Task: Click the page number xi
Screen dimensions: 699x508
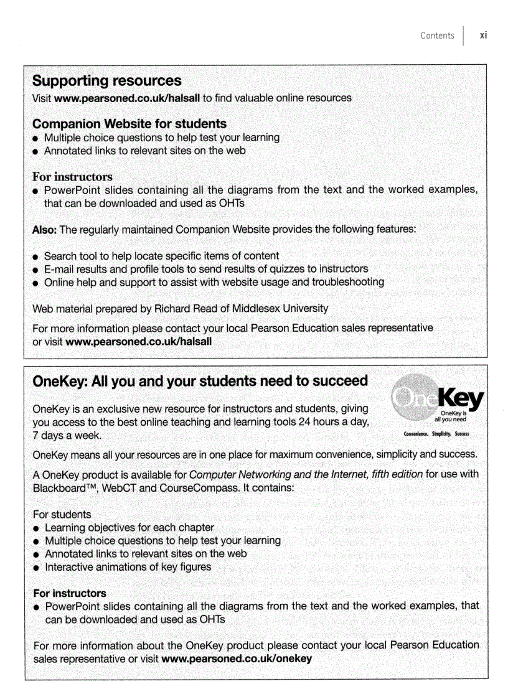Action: (x=483, y=35)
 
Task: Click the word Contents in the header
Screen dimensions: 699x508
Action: (x=437, y=35)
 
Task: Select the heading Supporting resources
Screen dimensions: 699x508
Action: (x=106, y=81)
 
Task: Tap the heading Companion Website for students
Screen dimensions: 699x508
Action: (x=129, y=124)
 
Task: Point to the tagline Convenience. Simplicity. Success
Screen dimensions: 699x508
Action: (x=436, y=434)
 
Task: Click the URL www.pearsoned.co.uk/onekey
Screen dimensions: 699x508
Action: (x=236, y=659)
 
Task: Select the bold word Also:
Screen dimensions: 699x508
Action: (x=45, y=230)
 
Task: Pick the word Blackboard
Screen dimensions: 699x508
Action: (x=60, y=487)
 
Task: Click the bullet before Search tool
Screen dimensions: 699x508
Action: (x=37, y=256)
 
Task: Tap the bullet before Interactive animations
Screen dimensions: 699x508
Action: (x=37, y=568)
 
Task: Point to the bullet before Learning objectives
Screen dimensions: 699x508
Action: (x=37, y=528)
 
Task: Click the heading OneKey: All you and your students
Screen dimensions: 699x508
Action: (x=200, y=381)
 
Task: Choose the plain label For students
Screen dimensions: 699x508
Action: (x=62, y=514)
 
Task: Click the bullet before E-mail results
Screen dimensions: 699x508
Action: (x=37, y=270)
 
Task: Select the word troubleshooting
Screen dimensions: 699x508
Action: (x=346, y=282)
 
